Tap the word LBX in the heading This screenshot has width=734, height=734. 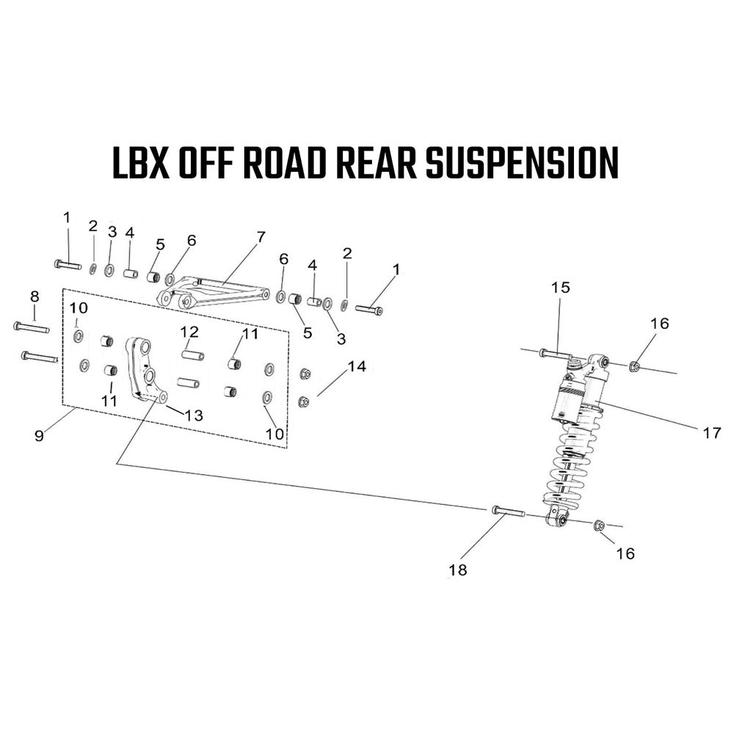[141, 162]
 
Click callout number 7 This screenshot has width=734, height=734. [261, 237]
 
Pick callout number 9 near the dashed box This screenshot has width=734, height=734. [40, 435]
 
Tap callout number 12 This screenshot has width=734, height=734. [189, 332]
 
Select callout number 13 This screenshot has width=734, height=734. [193, 415]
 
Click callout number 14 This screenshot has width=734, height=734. [357, 366]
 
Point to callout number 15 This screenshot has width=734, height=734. [560, 287]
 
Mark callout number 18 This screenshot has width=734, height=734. [457, 570]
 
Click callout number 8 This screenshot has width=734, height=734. [34, 297]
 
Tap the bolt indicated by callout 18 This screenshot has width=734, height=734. [509, 511]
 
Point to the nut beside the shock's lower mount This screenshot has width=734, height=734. [599, 526]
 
